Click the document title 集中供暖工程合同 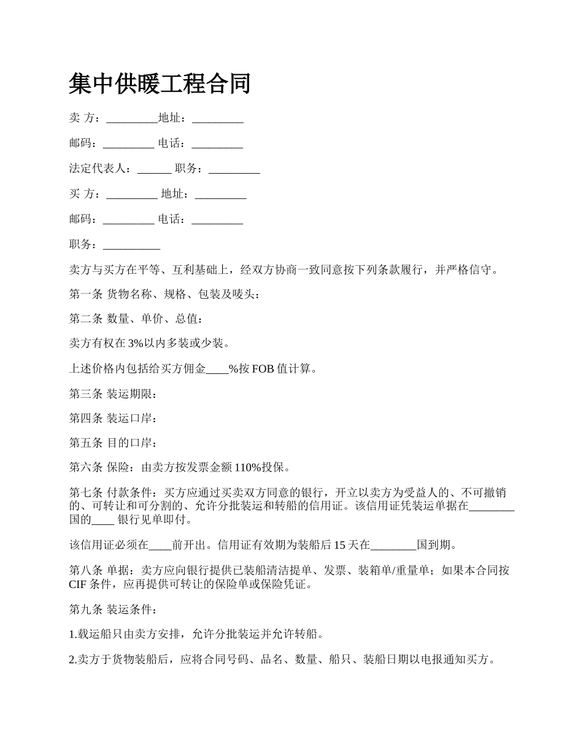point(160,83)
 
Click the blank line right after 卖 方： point(132,118)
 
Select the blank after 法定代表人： point(154,169)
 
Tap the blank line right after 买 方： point(132,194)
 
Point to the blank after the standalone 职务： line point(131,245)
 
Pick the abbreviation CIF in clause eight point(78,584)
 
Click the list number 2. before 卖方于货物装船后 point(73,660)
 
